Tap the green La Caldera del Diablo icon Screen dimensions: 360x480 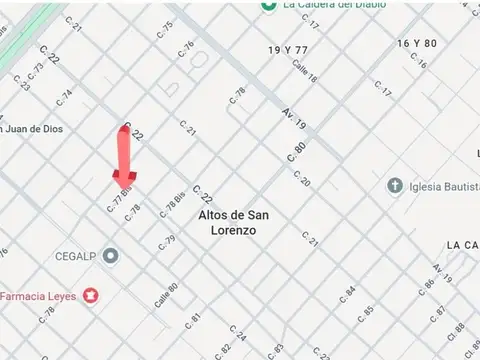[268, 4]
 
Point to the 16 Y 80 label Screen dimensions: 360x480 [417, 43]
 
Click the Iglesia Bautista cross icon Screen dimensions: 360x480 [394, 186]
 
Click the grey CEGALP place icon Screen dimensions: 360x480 [110, 256]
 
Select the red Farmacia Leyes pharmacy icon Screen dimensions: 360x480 [91, 295]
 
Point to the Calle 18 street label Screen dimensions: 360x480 [304, 72]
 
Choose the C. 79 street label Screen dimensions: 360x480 [168, 241]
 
